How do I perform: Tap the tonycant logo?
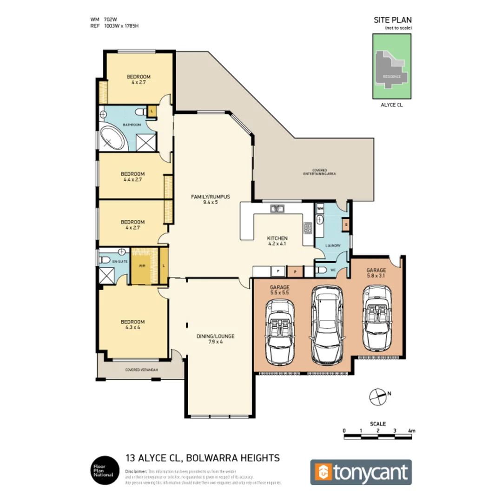pos(361,472)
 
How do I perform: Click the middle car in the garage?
pos(328,324)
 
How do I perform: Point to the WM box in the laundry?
pos(320,209)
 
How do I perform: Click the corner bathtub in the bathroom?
pos(112,137)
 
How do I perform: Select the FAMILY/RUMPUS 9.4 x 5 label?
pos(211,199)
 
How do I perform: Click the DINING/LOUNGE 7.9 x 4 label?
pos(215,339)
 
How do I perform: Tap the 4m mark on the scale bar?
pos(411,431)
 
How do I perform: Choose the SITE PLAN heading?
pos(393,20)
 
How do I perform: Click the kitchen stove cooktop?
pos(308,227)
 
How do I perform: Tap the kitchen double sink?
pos(277,209)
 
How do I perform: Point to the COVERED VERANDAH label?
pos(142,370)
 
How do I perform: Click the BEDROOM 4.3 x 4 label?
pos(132,324)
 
